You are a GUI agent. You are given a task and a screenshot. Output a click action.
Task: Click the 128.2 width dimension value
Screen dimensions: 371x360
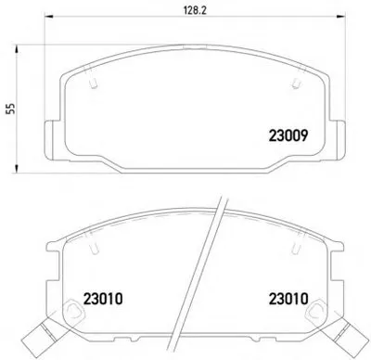(x=195, y=10)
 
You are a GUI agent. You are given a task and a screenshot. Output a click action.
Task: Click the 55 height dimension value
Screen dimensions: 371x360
(x=11, y=109)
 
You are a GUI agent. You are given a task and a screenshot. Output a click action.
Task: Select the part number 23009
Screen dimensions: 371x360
(x=288, y=135)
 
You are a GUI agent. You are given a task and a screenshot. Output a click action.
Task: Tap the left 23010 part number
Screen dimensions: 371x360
(x=103, y=299)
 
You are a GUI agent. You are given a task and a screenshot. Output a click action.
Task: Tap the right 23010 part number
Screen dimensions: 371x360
(x=288, y=299)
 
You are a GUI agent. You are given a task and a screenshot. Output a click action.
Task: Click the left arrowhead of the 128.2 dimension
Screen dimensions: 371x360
(x=49, y=17)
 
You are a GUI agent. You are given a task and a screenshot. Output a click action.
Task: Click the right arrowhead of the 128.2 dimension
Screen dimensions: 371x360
(x=340, y=17)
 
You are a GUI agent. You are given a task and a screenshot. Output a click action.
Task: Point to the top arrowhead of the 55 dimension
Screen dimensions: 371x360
(x=17, y=49)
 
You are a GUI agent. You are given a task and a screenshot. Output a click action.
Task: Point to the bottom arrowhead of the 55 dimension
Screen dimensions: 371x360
(x=17, y=168)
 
